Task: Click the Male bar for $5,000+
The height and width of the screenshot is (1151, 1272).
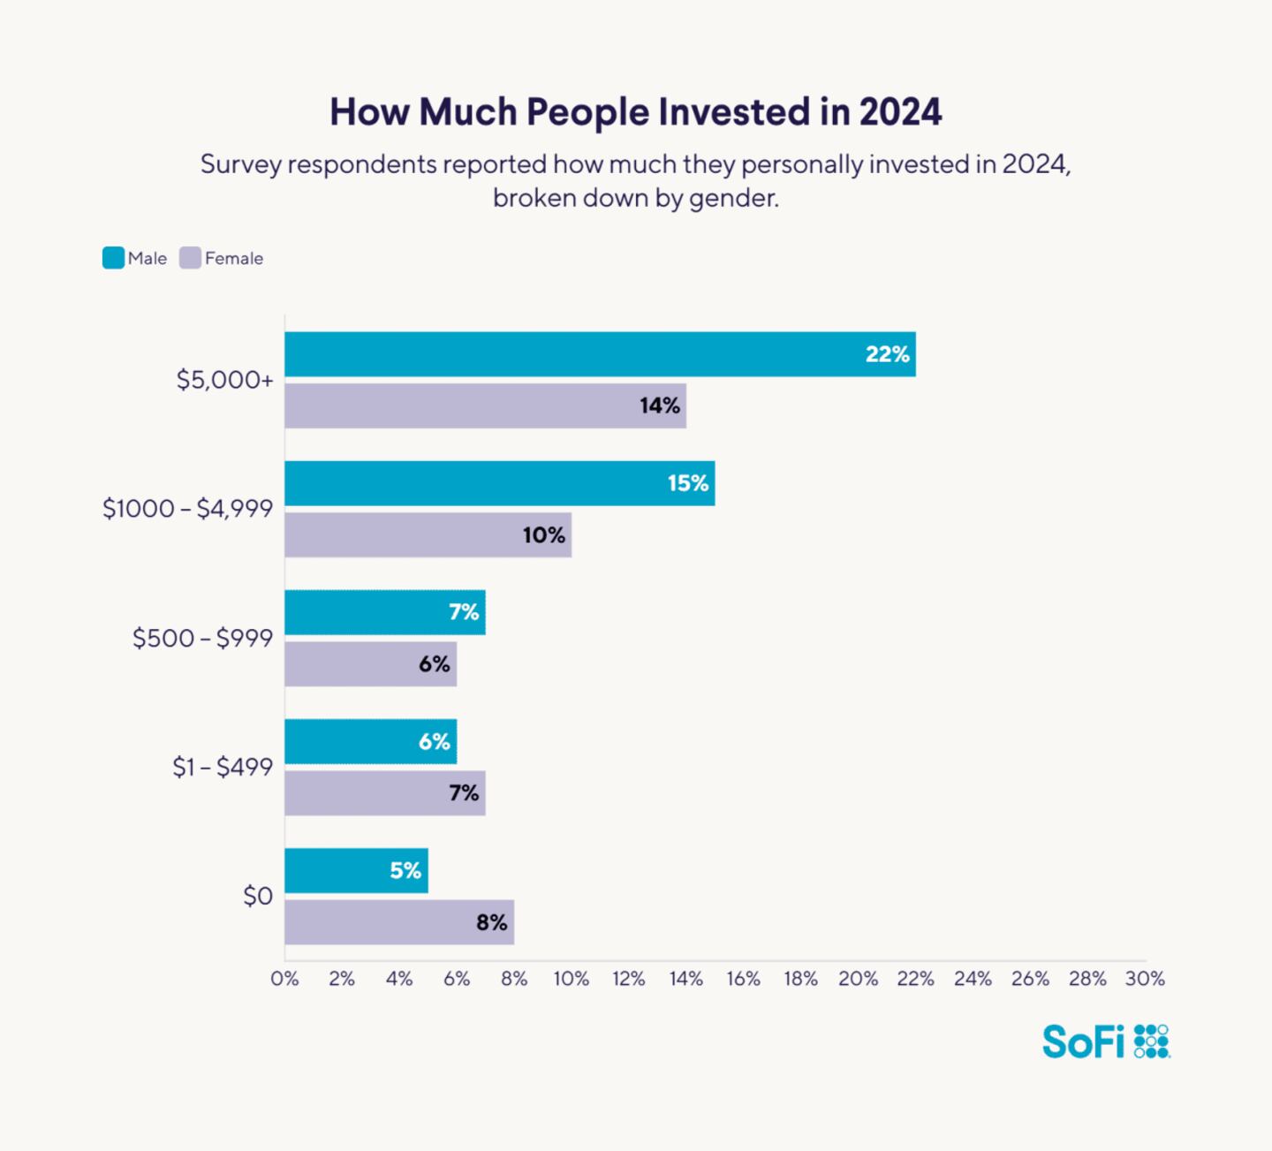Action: coord(600,354)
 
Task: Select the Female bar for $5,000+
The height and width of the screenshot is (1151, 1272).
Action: coord(485,405)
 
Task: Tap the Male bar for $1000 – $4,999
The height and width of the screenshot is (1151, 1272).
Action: coord(499,483)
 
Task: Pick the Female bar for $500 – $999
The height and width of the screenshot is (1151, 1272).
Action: coord(370,663)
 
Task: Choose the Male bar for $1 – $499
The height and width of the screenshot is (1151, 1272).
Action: coord(370,741)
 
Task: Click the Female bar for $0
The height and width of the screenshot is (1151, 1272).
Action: coord(398,922)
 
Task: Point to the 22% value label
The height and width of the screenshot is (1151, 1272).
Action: coord(887,354)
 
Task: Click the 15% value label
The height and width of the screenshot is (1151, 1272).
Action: coord(687,483)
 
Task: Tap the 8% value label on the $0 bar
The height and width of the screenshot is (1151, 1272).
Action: coord(491,922)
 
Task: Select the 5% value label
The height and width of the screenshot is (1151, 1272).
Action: coord(405,870)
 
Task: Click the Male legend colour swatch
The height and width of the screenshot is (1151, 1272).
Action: coord(113,258)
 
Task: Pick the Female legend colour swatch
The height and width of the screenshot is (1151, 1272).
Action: coord(190,258)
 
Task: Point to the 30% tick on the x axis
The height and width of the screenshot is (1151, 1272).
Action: coord(1145,979)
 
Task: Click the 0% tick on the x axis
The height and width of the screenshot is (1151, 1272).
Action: coord(284,979)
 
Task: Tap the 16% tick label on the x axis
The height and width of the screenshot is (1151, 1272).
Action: coord(743,979)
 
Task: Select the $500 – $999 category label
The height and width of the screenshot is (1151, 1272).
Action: coord(202,638)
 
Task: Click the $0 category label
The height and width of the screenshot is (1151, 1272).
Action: coord(258,897)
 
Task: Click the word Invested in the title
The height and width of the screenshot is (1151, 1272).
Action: coord(734,112)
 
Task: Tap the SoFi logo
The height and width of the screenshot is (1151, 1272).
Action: coord(1105,1041)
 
